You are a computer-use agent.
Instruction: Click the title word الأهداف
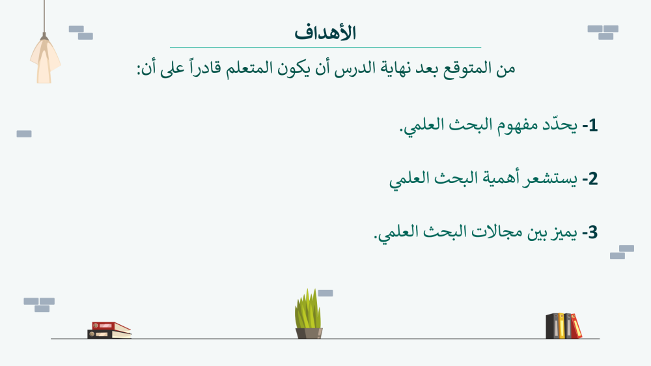325,33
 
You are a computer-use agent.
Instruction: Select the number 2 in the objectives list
592,179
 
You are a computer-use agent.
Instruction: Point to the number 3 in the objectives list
593,232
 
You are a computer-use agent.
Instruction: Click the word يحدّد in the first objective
560,124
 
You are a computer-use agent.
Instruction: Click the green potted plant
308,309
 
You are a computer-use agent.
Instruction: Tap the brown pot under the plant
309,333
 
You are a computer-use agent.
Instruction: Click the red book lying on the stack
111,327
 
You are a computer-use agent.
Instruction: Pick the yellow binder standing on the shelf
561,326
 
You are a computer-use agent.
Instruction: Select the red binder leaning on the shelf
576,326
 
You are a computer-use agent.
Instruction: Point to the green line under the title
325,48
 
